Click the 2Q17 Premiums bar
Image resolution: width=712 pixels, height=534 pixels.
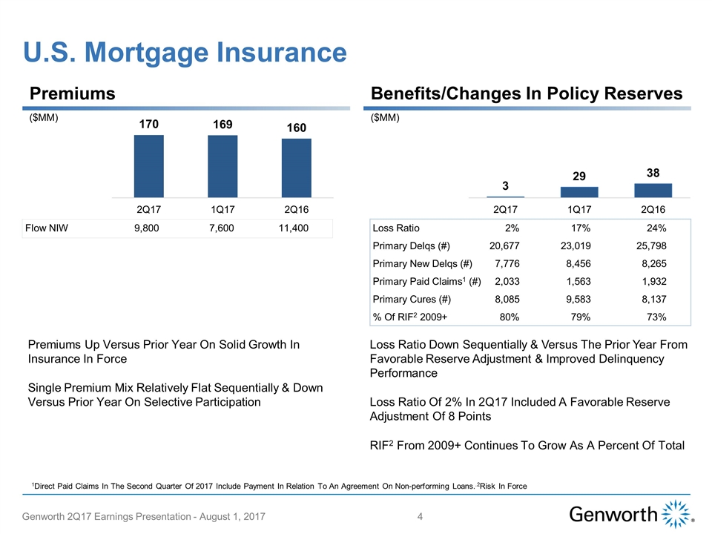point(148,165)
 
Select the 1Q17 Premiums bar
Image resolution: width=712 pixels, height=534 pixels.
point(222,166)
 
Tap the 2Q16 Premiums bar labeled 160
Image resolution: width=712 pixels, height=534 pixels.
point(297,168)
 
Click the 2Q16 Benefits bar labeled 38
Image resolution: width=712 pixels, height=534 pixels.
point(653,190)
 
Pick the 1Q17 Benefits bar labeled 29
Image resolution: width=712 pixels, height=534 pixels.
point(579,192)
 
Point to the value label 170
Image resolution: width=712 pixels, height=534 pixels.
point(148,125)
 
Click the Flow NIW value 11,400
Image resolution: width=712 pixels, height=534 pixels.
point(294,228)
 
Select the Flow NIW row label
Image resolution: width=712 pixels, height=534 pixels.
point(47,228)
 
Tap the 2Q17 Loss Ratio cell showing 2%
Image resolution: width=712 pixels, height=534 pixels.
point(511,228)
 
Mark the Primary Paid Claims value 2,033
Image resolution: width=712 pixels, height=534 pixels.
point(505,282)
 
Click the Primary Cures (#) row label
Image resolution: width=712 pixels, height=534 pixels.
point(412,300)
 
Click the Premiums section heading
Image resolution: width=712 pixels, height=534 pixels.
point(72,93)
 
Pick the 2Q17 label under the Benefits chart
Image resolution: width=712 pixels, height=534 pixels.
point(505,210)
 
